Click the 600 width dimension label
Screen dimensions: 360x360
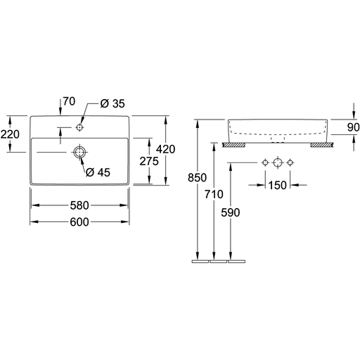[79, 222]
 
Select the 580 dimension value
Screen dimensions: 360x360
[79, 205]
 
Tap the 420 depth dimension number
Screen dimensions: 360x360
[166, 149]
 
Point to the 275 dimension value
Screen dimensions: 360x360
[149, 161]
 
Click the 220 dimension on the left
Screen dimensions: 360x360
[10, 134]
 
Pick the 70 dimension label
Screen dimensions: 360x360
[69, 101]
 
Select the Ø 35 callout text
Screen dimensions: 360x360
[112, 103]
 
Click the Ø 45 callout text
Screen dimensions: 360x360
[98, 172]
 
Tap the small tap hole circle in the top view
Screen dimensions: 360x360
[79, 127]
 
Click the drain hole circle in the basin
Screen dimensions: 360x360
[79, 153]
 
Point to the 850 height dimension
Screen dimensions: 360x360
[197, 178]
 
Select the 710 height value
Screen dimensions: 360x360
[214, 194]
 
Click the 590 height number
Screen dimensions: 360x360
[231, 212]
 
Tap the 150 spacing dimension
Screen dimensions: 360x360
[278, 186]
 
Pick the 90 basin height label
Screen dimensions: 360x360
[353, 127]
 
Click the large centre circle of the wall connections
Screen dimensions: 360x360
[278, 162]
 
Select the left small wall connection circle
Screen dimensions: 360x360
[265, 162]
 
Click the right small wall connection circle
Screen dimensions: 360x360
[290, 162]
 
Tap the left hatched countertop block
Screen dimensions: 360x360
[233, 145]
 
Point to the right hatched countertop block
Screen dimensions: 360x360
[322, 145]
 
